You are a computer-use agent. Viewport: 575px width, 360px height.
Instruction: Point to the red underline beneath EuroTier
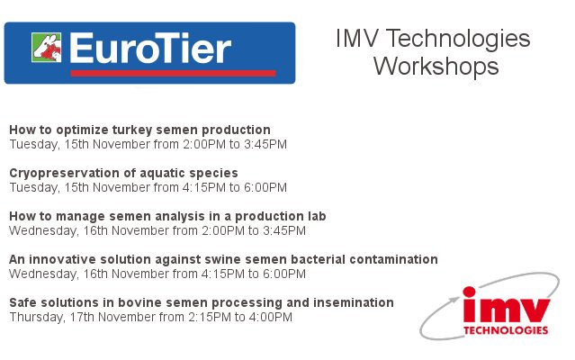[171, 73]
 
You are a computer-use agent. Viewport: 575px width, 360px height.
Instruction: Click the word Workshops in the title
[436, 66]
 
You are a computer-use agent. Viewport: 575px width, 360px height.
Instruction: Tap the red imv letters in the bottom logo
[506, 307]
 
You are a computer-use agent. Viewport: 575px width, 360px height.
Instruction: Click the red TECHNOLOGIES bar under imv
[506, 330]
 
